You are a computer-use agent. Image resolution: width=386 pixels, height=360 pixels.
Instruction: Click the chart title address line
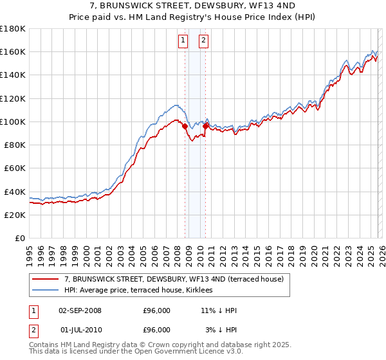coord(193,5)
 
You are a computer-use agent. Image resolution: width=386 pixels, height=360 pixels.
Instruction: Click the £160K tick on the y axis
coord(13,51)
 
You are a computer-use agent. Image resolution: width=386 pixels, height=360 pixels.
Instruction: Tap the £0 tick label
coord(20,239)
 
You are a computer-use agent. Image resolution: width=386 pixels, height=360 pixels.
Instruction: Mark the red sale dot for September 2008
coord(185,126)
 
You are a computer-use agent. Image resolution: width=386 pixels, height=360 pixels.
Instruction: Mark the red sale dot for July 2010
coord(205,126)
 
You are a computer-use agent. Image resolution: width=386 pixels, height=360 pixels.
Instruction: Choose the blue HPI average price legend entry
coord(142,291)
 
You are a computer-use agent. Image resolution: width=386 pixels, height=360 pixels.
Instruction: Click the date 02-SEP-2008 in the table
coord(80,310)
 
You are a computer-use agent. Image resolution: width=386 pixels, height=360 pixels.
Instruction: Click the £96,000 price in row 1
coord(156,310)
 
